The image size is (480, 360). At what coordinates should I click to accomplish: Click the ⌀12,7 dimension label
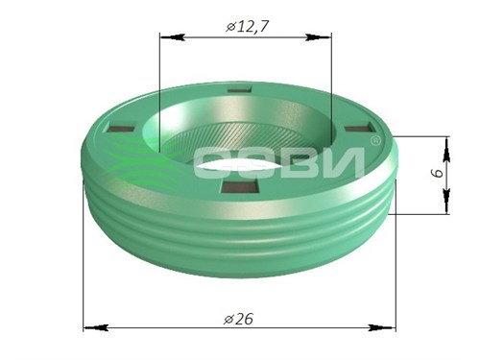(x=247, y=27)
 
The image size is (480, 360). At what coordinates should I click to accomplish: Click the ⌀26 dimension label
(x=238, y=319)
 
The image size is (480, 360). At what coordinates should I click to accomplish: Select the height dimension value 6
(x=437, y=173)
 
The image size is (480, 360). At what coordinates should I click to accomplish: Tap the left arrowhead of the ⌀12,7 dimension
(x=173, y=36)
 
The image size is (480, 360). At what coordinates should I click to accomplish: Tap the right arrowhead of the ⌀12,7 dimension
(x=319, y=37)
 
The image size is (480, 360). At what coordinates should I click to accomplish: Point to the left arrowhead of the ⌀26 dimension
(x=96, y=327)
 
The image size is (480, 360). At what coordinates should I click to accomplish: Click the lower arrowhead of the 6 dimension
(x=446, y=201)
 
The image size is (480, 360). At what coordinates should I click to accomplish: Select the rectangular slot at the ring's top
(x=239, y=90)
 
